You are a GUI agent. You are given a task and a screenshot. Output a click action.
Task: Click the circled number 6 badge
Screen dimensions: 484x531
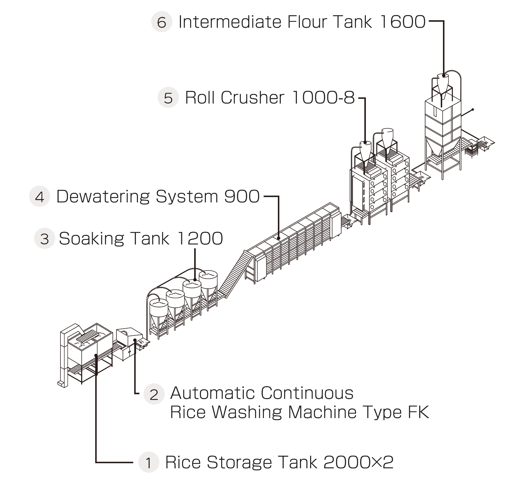point(162,22)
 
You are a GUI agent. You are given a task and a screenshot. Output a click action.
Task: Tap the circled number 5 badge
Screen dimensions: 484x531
point(168,98)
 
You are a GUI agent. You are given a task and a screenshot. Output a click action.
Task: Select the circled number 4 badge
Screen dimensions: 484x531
point(39,196)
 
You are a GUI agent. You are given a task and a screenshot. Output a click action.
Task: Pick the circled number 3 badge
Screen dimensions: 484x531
point(45,238)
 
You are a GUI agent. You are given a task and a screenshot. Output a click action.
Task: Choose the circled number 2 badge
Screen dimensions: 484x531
point(154,394)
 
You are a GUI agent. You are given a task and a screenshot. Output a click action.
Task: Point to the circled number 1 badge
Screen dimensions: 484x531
point(149,462)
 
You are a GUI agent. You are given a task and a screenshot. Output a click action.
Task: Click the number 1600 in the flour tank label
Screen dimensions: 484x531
point(403,22)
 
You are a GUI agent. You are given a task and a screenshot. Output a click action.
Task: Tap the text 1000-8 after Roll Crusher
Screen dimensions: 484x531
point(323,98)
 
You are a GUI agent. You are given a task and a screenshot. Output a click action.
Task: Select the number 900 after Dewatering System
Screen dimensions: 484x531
point(242,196)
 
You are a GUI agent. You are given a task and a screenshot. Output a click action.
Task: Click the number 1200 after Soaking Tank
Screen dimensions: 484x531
point(200,238)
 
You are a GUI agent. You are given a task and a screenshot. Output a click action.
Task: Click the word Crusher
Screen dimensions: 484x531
point(252,98)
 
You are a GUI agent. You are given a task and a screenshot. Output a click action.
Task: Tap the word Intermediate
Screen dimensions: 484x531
point(230,22)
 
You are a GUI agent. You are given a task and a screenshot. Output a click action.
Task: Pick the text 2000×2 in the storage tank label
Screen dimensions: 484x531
point(358,462)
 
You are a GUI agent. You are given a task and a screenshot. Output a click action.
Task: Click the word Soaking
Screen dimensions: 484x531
point(90,238)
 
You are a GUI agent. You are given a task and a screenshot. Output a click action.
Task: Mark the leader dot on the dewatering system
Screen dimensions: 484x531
point(279,238)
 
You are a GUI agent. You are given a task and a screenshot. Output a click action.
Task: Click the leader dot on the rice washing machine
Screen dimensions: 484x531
point(135,340)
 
